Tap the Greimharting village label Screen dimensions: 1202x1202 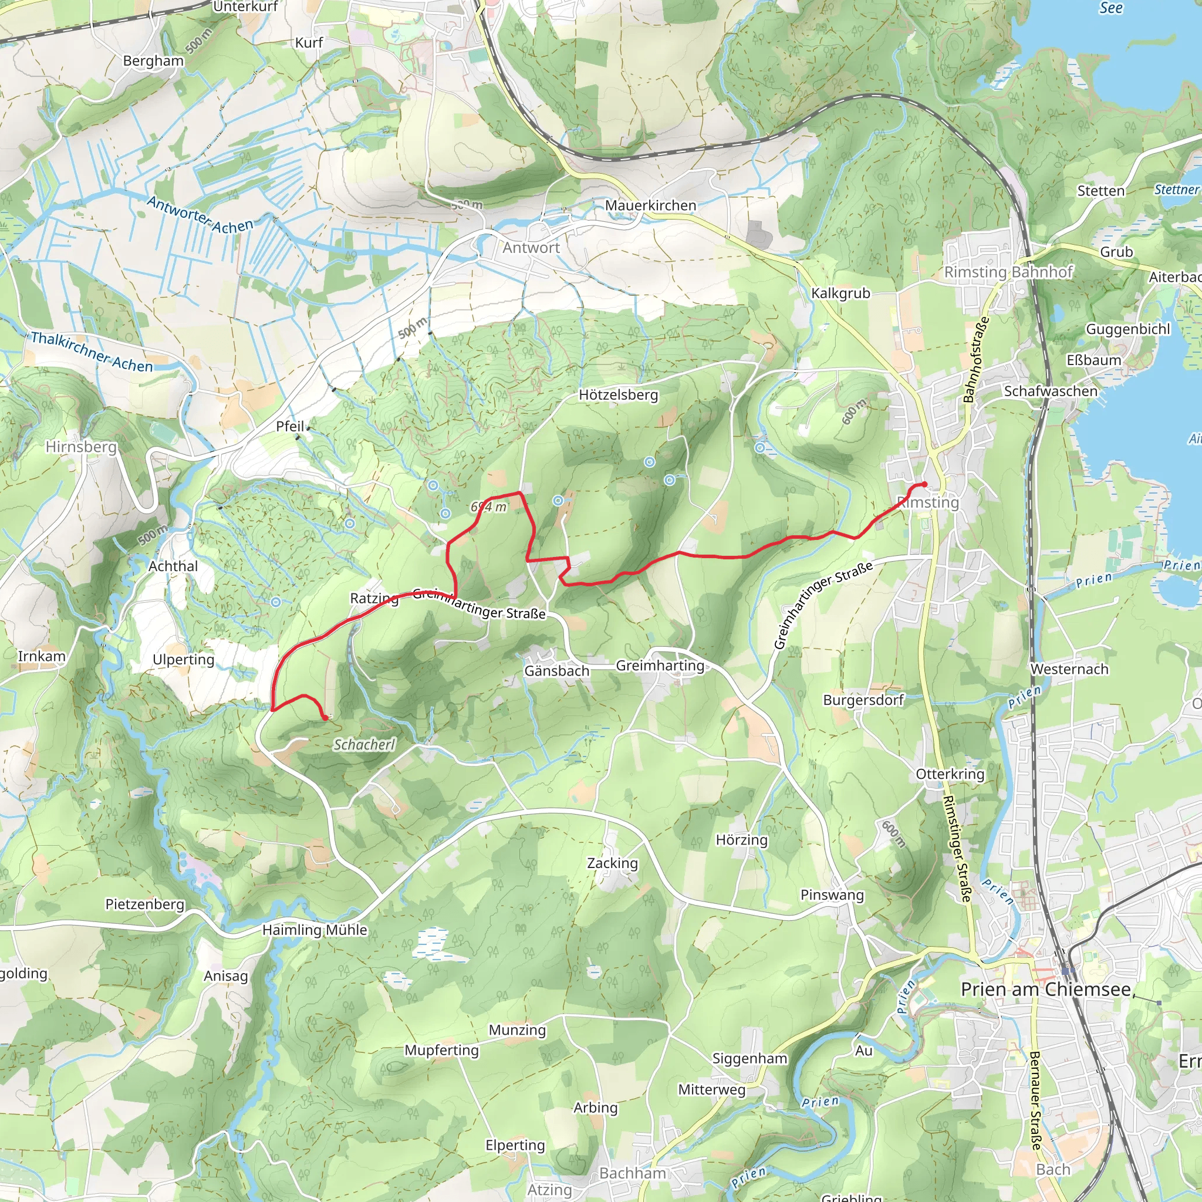[660, 666]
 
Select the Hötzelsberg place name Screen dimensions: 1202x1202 [618, 395]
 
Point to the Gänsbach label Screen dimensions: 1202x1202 [556, 671]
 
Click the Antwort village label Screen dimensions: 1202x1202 [531, 248]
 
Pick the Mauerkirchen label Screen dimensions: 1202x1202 [650, 205]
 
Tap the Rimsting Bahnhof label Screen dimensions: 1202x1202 [1008, 272]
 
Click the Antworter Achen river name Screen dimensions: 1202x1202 [200, 215]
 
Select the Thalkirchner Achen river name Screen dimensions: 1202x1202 [92, 352]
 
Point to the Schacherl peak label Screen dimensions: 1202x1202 [364, 745]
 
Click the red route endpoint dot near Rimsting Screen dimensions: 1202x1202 [924, 485]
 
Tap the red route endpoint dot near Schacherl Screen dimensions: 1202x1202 [325, 718]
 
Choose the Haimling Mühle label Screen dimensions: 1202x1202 [314, 930]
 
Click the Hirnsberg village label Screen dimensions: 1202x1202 [81, 447]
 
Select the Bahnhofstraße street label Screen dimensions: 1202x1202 [975, 360]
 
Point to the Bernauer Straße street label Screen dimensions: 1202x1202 [1035, 1100]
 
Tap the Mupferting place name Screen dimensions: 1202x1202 [441, 1050]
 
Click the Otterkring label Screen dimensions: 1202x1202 [950, 775]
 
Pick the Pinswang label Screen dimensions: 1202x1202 [832, 895]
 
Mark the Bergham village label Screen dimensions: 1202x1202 [153, 61]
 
